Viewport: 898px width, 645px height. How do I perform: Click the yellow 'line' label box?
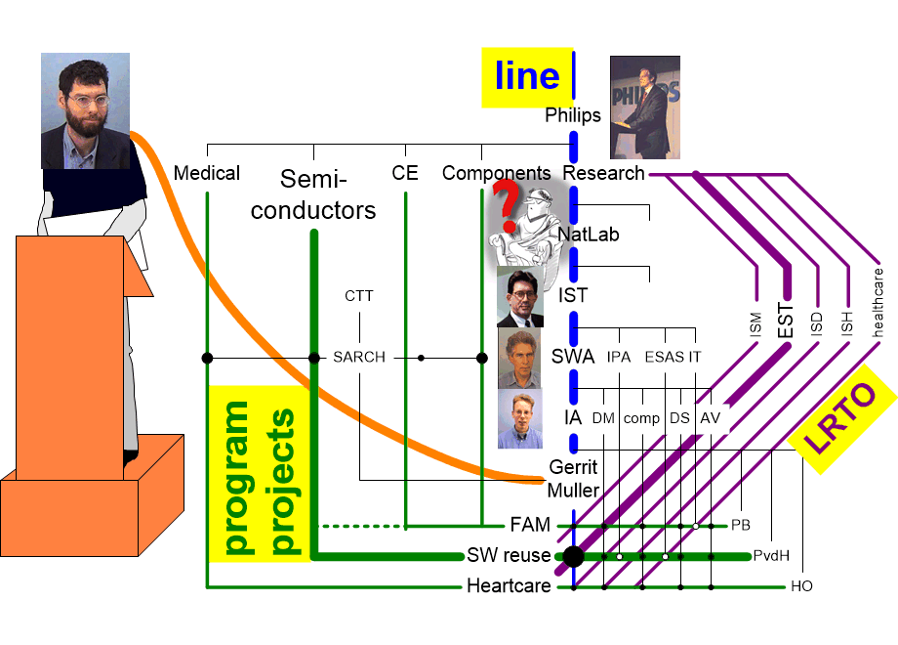(x=527, y=77)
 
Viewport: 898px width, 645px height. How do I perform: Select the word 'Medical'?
(x=207, y=173)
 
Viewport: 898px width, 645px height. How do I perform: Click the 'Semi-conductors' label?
(x=313, y=194)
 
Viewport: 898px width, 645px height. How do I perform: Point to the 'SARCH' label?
(x=359, y=357)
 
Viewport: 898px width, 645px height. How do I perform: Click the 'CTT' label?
(x=359, y=296)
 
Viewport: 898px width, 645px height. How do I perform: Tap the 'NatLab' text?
(x=589, y=235)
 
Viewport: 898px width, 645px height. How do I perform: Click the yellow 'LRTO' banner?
(x=840, y=418)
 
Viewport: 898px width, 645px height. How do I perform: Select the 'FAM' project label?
(x=530, y=525)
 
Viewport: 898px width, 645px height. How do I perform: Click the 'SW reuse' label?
(x=509, y=555)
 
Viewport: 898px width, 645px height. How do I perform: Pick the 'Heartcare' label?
(x=509, y=586)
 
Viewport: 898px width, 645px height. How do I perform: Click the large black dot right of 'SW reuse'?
(x=573, y=556)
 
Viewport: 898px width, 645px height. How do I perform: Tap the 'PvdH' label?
(x=771, y=555)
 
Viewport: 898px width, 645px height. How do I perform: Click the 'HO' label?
(x=801, y=586)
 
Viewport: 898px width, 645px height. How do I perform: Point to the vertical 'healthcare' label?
(x=878, y=302)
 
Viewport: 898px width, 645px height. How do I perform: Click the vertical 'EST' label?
(x=786, y=321)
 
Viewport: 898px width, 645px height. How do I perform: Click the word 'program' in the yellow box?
(x=236, y=478)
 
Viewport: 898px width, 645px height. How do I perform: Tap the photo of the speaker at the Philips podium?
(x=645, y=107)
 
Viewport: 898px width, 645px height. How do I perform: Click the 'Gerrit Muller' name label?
(x=573, y=479)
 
